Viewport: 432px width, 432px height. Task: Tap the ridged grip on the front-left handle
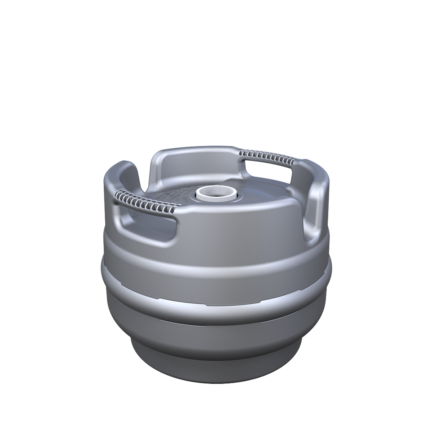coord(146,201)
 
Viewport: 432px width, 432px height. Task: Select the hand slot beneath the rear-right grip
coord(268,169)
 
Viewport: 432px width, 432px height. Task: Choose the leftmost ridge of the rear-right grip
coord(241,154)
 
